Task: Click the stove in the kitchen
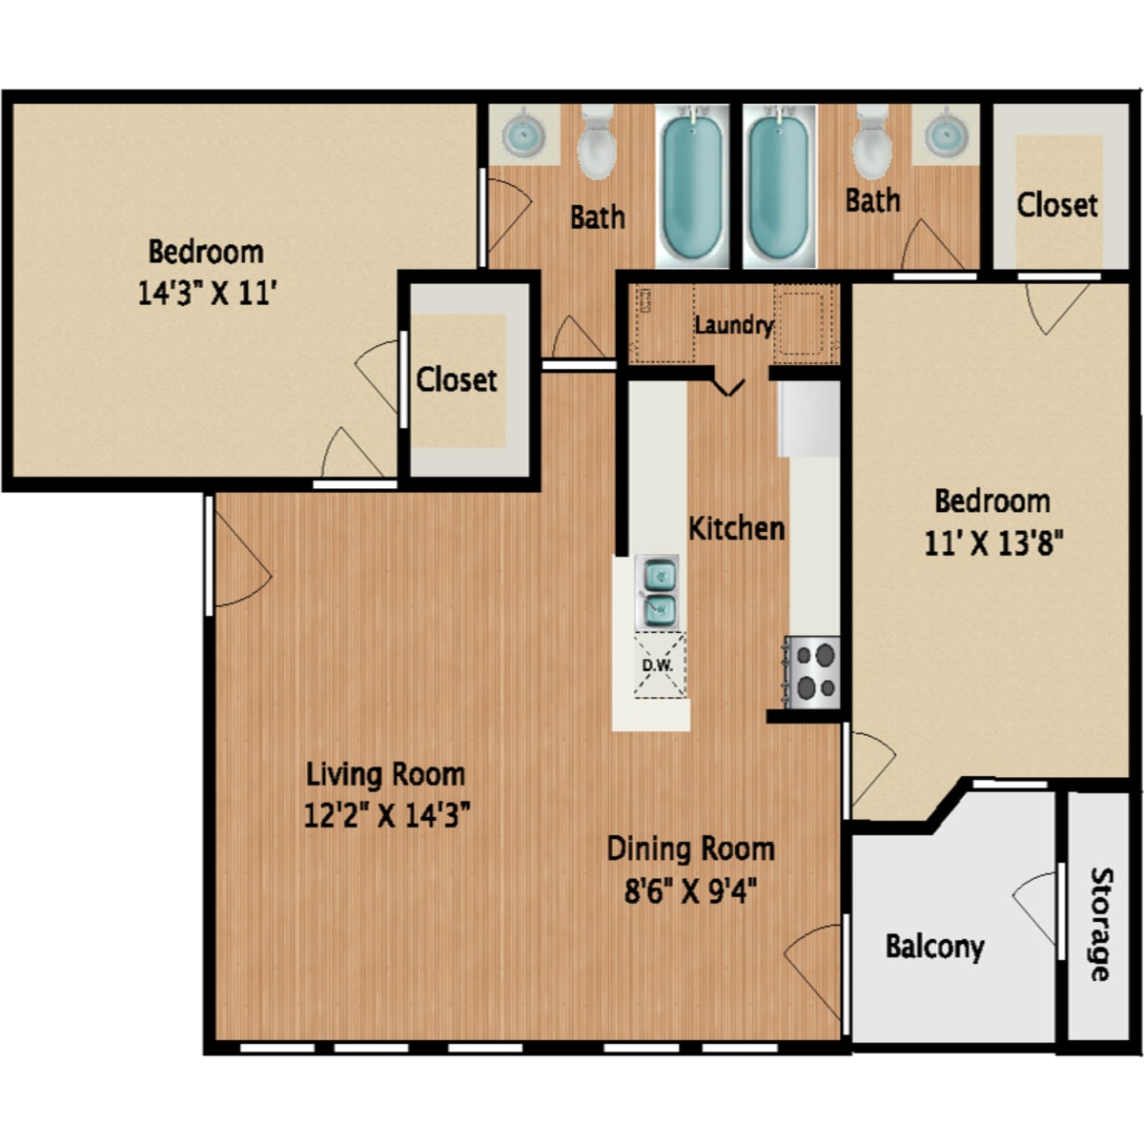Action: [x=812, y=672]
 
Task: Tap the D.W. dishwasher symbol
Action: [x=660, y=664]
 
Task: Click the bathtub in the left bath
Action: [x=692, y=186]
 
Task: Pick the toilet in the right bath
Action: [x=872, y=141]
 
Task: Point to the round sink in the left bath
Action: [x=523, y=134]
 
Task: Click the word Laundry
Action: [x=735, y=326]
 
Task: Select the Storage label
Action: [x=1101, y=924]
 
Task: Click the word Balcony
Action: [x=934, y=947]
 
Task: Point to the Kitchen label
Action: [x=736, y=528]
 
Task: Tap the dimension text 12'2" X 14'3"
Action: [x=387, y=814]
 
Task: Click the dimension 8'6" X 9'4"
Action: [x=690, y=890]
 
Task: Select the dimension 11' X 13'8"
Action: [x=993, y=542]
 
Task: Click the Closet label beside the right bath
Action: [x=1056, y=205]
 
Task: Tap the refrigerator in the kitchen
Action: [x=808, y=419]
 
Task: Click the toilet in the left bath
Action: [x=597, y=141]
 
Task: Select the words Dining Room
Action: [x=690, y=849]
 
